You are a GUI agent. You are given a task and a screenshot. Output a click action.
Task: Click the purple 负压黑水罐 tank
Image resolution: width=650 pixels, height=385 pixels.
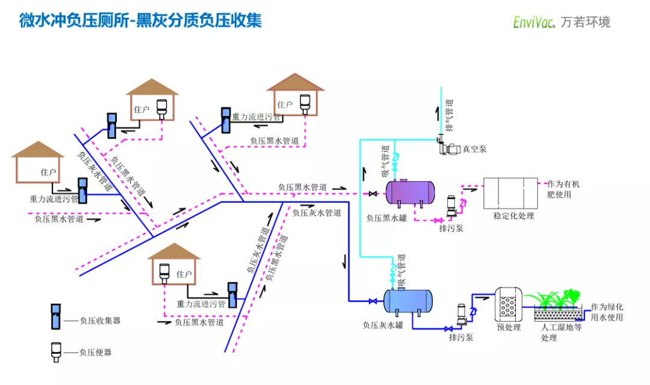coord(409,192)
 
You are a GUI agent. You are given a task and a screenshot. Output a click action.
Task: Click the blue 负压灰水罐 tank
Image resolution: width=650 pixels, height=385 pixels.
coord(408,301)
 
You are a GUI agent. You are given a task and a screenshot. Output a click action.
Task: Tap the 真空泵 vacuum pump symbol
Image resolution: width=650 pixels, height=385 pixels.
coord(450,146)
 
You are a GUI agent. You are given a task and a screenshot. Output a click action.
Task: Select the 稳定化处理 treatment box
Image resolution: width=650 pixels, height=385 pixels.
coord(511,192)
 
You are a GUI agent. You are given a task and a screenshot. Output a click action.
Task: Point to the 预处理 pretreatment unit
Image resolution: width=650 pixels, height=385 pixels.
coord(506,305)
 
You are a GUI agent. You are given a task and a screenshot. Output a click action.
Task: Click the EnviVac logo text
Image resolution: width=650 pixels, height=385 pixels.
coord(534,22)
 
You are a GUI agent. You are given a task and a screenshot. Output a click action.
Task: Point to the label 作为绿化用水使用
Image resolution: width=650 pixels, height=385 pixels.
coord(606,312)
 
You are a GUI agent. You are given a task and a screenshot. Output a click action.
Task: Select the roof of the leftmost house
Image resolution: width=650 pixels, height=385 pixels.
coord(37,149)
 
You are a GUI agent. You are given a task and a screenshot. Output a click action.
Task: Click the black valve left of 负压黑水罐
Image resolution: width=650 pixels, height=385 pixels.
coord(373,194)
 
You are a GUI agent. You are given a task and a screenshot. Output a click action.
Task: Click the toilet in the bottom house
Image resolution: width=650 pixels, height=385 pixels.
coord(163,275)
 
